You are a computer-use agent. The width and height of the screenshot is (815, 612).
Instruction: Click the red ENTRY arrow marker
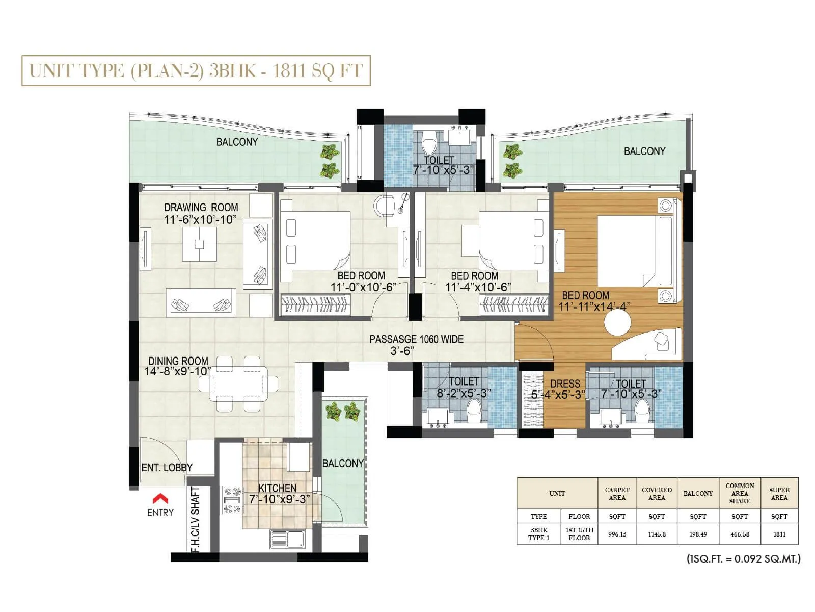(160, 498)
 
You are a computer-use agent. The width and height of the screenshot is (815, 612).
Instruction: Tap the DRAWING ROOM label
(201, 208)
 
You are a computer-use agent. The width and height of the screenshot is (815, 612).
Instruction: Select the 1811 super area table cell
(779, 534)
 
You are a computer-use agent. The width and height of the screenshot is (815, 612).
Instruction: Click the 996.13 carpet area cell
(617, 534)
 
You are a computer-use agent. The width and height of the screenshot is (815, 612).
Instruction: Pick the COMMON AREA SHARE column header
(739, 493)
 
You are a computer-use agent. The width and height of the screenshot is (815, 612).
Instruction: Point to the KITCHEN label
(277, 488)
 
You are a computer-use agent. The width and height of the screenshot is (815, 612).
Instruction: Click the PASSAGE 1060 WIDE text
(416, 339)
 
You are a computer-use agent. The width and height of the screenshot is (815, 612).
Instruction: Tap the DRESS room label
(565, 384)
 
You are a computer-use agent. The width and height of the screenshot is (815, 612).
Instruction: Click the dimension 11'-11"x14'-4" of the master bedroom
(594, 307)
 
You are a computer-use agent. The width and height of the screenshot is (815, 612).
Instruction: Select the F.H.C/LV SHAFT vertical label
(196, 520)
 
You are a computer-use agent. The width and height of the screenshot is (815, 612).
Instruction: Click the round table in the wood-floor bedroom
(617, 322)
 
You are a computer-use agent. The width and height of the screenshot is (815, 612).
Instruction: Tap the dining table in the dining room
(238, 384)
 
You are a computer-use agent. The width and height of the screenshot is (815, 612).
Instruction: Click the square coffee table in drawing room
(199, 244)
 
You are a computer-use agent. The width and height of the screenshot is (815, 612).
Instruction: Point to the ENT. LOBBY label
(167, 467)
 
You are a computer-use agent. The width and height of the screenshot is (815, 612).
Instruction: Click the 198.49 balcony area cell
(698, 534)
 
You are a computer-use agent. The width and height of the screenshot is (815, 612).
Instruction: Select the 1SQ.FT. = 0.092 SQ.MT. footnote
(743, 558)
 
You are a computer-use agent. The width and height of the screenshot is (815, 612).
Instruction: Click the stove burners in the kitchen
(232, 500)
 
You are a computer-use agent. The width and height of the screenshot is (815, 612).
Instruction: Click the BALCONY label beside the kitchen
(343, 463)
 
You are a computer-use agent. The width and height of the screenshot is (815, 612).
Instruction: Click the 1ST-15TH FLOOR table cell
(579, 534)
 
